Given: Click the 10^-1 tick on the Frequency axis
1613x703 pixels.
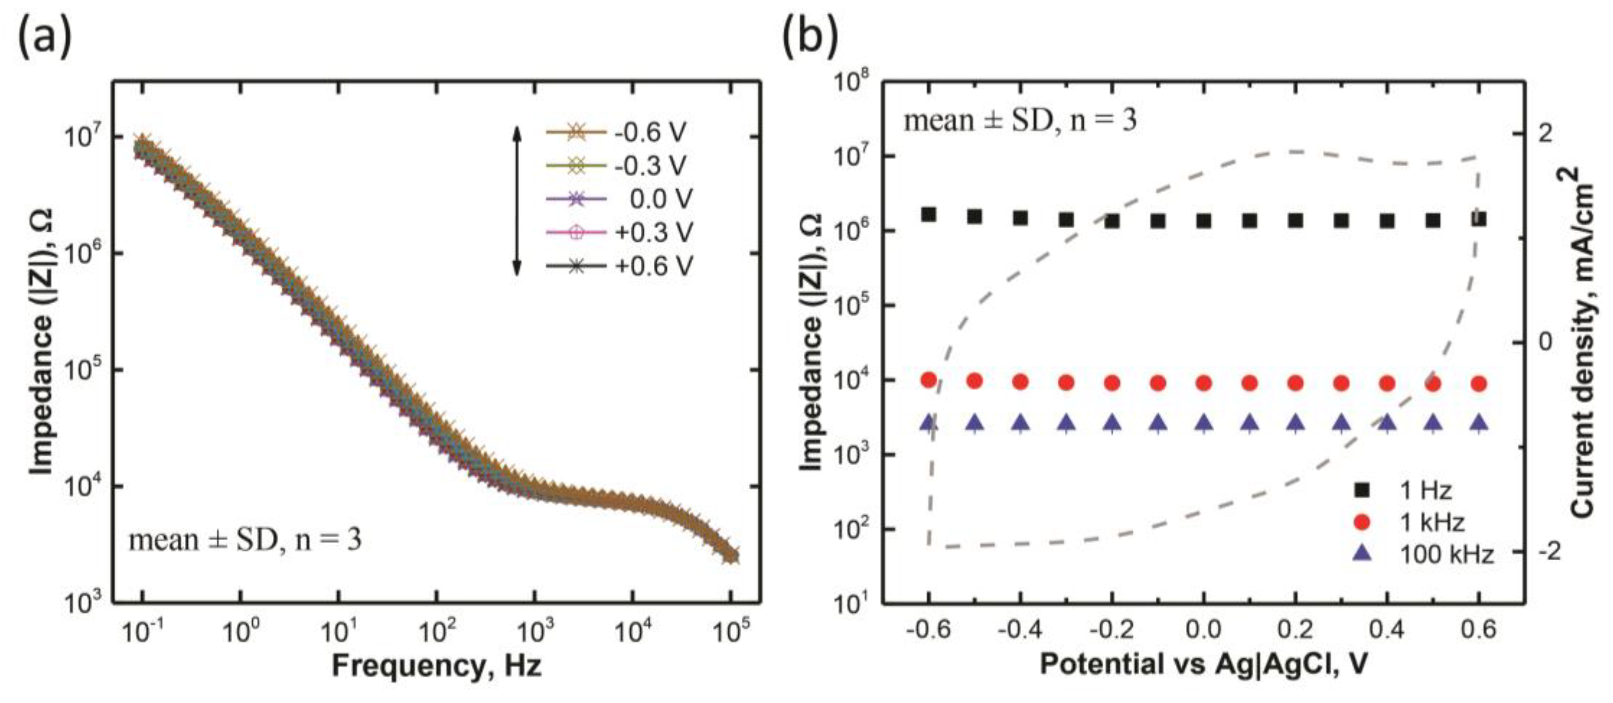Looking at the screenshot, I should (x=144, y=631).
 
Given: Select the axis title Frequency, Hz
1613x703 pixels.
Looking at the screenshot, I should (x=437, y=666).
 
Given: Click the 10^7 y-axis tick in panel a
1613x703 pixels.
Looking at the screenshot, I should (x=85, y=136).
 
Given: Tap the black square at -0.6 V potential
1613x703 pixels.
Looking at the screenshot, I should (x=929, y=214).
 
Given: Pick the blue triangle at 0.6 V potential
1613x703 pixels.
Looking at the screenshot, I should (x=1479, y=423).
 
